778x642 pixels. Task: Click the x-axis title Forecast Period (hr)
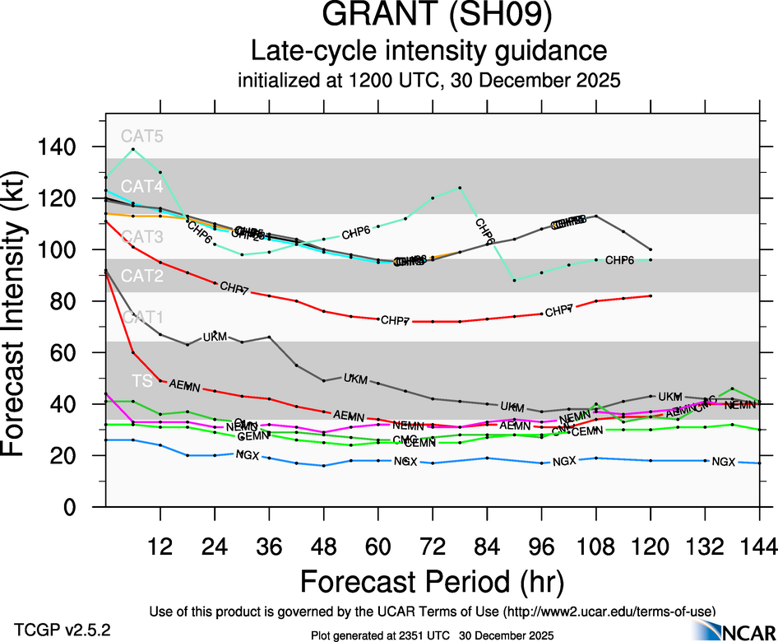[431, 582]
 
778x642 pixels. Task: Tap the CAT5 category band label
[142, 136]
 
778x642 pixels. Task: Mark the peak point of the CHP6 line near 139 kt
[133, 149]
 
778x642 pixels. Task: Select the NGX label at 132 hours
[723, 462]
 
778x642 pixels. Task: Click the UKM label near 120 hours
[670, 397]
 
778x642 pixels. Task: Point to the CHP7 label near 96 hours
[558, 311]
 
